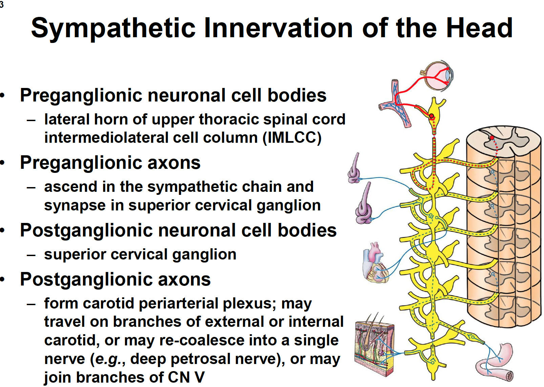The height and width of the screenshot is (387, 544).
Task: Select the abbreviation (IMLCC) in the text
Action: (292, 138)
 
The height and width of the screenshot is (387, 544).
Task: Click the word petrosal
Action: (199, 359)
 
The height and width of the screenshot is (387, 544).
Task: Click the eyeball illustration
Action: (437, 76)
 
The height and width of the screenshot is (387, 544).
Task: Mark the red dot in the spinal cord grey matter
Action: (492, 138)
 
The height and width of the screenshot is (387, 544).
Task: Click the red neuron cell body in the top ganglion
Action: (432, 116)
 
